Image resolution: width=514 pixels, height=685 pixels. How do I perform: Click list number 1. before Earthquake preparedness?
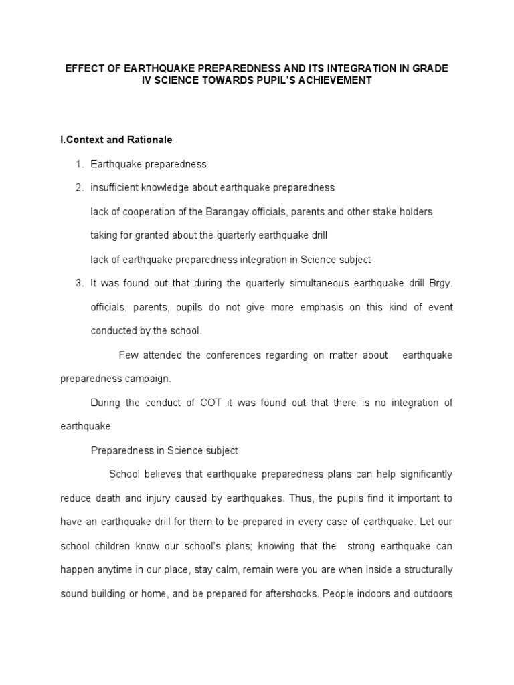coord(79,164)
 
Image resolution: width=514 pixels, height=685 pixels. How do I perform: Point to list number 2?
coord(79,188)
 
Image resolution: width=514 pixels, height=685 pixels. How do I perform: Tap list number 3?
coord(79,283)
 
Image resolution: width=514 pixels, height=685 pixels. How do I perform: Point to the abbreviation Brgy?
coord(441,283)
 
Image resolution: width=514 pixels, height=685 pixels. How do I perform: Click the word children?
coord(114,546)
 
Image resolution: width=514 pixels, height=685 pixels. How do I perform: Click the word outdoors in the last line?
coord(431,594)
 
